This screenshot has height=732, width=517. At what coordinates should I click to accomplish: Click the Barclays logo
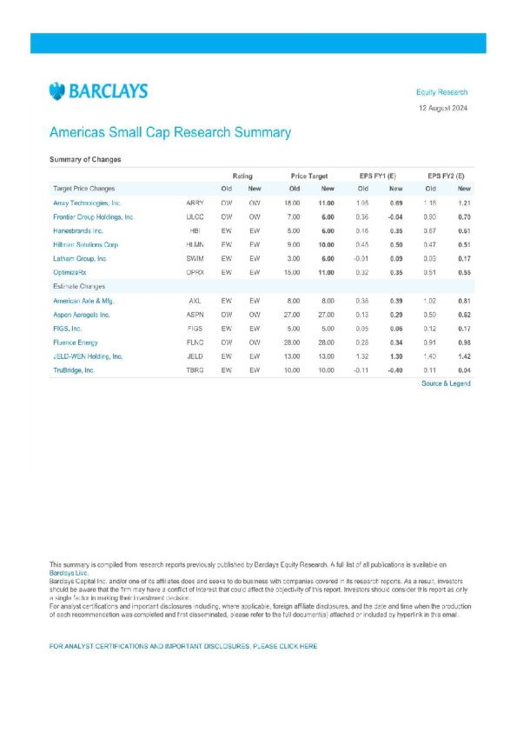pos(98,91)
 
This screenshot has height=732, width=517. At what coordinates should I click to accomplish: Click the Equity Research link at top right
pos(441,92)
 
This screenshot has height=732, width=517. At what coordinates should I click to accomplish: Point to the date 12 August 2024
pos(442,108)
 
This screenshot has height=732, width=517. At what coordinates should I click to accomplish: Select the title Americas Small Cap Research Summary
pos(170,133)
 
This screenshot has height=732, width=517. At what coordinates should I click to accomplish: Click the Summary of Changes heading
pos(85,160)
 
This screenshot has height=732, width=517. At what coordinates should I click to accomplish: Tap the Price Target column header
pos(308,176)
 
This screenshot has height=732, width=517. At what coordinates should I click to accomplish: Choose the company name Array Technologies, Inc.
pos(87,203)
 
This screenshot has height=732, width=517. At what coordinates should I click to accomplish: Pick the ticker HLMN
pos(196,244)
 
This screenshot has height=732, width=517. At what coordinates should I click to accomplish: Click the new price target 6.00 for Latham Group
pos(328,258)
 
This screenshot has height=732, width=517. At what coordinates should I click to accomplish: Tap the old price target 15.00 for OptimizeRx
pos(295,272)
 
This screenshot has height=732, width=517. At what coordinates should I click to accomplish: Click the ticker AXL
pos(195,300)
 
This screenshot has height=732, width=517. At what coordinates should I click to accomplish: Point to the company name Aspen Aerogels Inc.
pos(82,314)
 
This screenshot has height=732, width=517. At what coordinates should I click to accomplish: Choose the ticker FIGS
pos(195,328)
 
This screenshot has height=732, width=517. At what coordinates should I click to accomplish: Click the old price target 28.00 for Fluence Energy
pos(295,342)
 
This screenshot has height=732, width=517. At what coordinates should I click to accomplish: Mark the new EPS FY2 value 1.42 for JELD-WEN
pos(464,356)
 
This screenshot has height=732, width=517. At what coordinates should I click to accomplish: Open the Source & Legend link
pos(446,383)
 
